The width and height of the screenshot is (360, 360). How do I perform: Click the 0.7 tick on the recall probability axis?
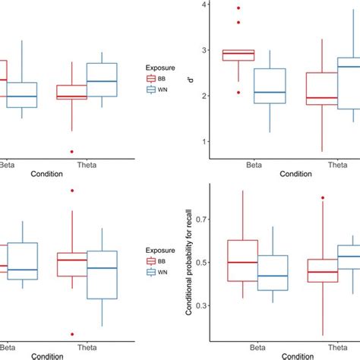click(199, 219)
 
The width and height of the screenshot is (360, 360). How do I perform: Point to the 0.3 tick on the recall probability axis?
click(199, 305)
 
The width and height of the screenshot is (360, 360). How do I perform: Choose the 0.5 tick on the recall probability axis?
click(199, 262)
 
